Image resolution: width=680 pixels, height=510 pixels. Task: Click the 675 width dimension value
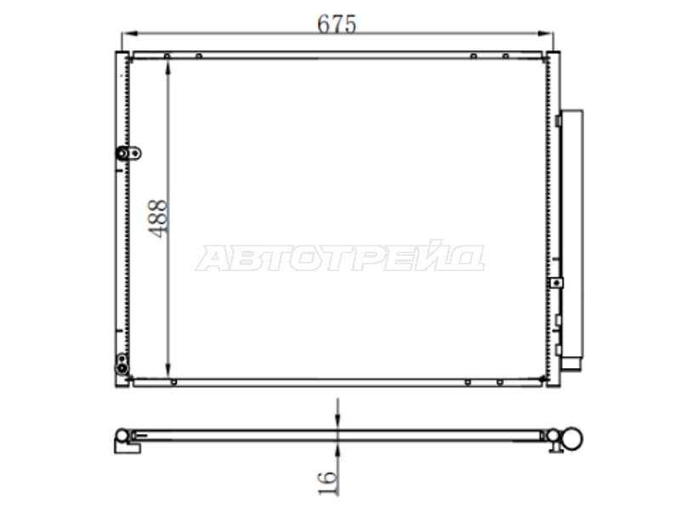[337, 24]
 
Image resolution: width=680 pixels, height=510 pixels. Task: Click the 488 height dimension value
[158, 218]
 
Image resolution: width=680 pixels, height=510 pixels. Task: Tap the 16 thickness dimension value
[327, 483]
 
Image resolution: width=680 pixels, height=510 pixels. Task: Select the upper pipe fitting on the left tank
[128, 153]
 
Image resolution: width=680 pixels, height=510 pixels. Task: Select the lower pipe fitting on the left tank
[122, 364]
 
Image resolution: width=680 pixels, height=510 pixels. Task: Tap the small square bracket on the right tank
[556, 283]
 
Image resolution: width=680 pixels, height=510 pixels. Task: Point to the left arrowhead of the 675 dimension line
[129, 33]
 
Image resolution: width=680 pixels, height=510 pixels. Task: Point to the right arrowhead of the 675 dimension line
[546, 33]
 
